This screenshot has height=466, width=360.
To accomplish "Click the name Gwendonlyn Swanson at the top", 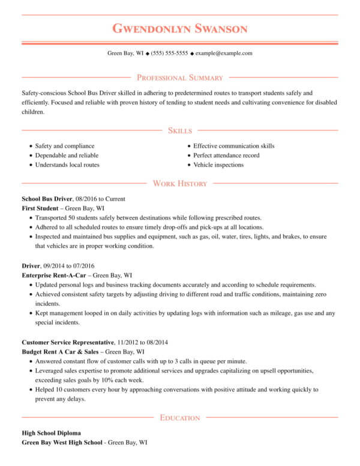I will [179, 29].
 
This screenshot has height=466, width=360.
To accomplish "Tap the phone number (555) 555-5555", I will [169, 53].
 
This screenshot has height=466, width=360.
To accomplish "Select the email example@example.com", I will [224, 53].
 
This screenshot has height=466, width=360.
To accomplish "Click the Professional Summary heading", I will [179, 77].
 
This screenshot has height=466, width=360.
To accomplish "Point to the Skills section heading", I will [180, 130].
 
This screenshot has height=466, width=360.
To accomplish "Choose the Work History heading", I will [180, 183].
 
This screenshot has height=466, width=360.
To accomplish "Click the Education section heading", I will [180, 417].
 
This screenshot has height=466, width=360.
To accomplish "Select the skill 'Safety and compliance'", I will [64, 146].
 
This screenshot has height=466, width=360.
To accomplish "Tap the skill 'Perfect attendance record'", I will [226, 156].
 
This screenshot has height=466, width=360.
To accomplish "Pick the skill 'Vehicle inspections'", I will [218, 165].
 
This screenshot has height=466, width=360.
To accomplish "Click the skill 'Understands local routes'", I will [67, 165].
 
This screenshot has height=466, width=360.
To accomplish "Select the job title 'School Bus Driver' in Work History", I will [47, 198].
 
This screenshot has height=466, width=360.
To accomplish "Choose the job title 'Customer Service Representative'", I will [68, 342].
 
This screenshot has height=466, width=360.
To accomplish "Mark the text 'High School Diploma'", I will [51, 433].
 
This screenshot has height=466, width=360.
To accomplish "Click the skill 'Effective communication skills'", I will [233, 146].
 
